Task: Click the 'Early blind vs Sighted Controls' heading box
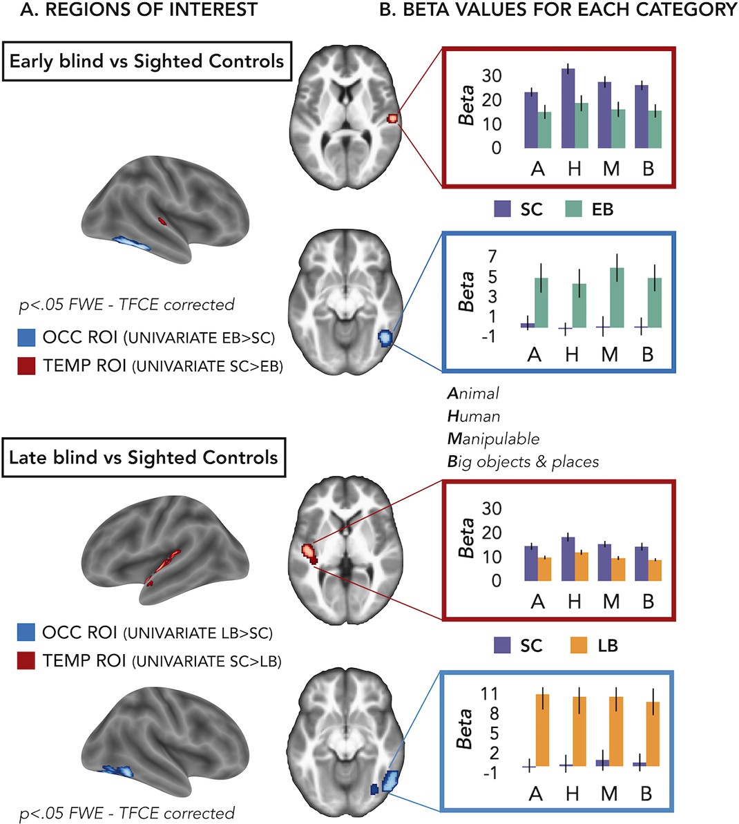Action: (x=146, y=61)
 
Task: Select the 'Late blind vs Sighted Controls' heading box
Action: (x=143, y=457)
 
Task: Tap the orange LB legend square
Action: (x=579, y=646)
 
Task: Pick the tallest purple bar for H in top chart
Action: (x=568, y=108)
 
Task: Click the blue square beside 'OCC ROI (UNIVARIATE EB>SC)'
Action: (x=26, y=338)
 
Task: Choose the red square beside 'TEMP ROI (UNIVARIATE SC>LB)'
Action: (x=26, y=661)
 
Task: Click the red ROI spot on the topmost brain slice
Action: (x=392, y=118)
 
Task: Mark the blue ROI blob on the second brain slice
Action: (x=385, y=338)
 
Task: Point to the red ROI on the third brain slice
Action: (x=308, y=552)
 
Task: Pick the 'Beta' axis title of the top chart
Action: (x=468, y=105)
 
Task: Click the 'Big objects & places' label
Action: (x=523, y=461)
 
